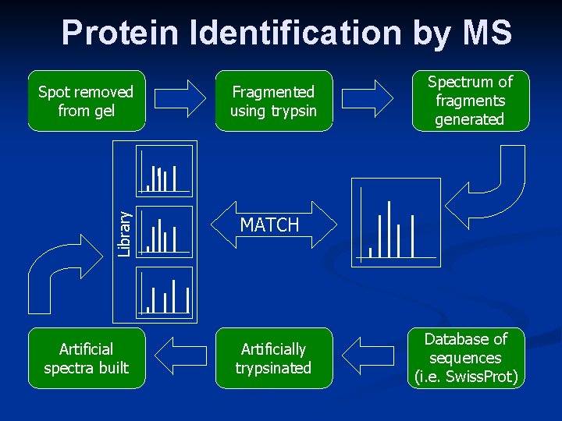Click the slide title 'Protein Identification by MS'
pos(286,34)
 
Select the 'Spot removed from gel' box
pos(86,101)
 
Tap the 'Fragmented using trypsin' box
pos(273,101)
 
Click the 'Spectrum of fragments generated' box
pos(470,101)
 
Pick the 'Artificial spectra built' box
pos(86,358)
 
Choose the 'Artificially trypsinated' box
pos(273,358)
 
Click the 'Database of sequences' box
pos(467,358)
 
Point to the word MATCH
pos(269,225)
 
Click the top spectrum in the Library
pos(165,168)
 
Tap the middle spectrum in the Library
pos(165,232)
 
